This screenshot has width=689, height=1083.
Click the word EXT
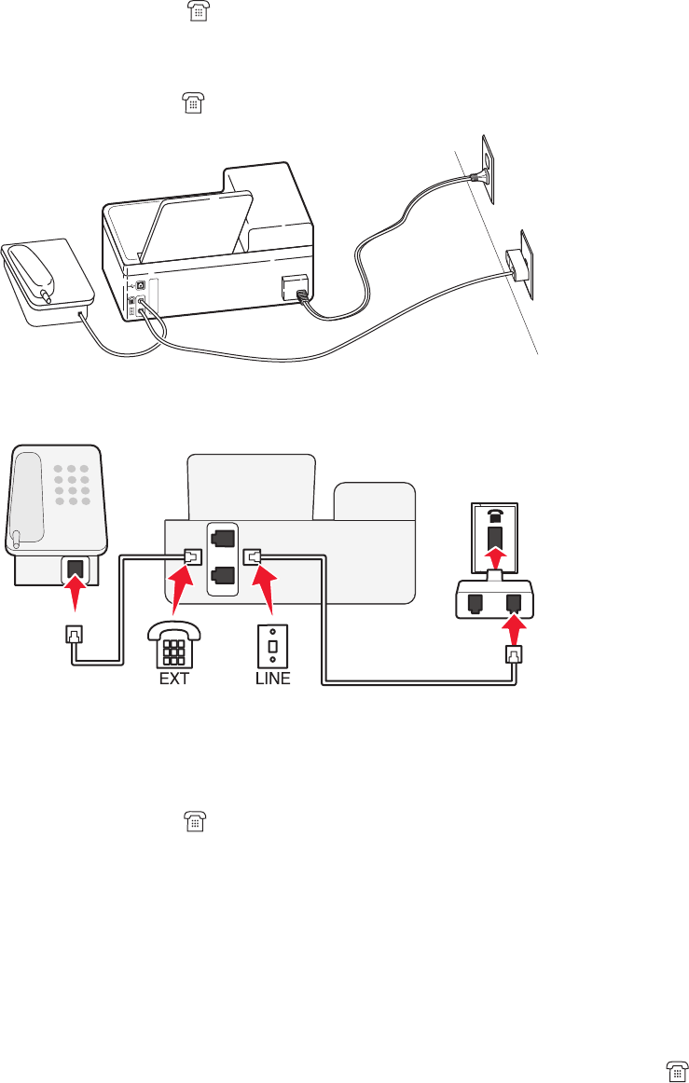[x=173, y=679]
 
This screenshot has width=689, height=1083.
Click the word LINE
[x=272, y=679]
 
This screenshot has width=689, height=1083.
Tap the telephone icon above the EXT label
[x=174, y=644]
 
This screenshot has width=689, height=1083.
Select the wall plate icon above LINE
[x=272, y=646]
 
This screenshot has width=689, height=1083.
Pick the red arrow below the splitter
[x=513, y=629]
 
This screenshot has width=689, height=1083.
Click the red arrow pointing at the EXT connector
[x=179, y=588]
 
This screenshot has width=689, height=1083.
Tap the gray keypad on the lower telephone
[x=71, y=486]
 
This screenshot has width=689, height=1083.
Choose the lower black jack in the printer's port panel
[x=222, y=574]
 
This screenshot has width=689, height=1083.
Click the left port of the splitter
[x=475, y=602]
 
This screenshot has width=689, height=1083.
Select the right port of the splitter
[x=513, y=602]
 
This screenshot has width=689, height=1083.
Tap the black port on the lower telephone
[x=75, y=569]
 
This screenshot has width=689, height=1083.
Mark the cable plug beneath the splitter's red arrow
[x=514, y=654]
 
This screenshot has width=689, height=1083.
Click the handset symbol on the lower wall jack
[x=493, y=514]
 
